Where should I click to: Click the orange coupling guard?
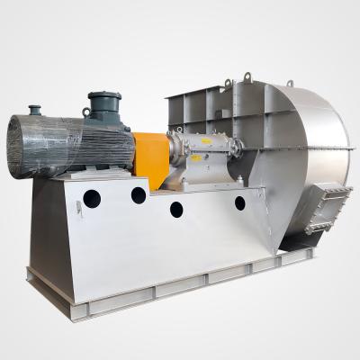pyautogui.click(x=150, y=159)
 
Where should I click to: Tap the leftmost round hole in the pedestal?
pyautogui.click(x=92, y=198)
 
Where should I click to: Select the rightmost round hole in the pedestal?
pyautogui.click(x=240, y=202)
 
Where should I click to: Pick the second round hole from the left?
pyautogui.click(x=139, y=194)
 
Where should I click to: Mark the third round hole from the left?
pyautogui.click(x=176, y=209)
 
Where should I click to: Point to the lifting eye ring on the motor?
pyautogui.click(x=85, y=113)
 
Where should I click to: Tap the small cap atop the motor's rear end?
pyautogui.click(x=35, y=110)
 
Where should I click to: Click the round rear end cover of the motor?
pyautogui.click(x=20, y=146)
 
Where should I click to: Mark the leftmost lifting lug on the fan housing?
pyautogui.click(x=227, y=85)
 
